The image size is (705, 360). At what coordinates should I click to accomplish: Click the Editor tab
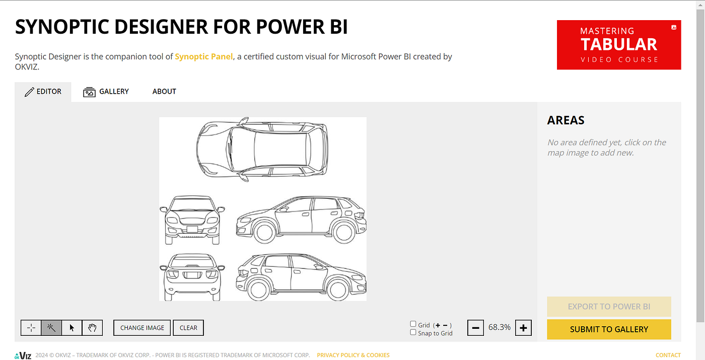pos(43,92)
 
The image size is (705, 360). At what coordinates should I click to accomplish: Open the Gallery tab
pos(106,92)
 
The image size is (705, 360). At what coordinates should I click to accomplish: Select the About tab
pos(164,92)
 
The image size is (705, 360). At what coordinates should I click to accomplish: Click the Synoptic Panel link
pos(203,56)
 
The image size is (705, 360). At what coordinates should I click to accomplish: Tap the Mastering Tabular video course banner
pos(619,45)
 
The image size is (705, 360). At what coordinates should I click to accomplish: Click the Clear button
pos(188,328)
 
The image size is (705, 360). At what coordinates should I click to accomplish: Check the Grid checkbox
pos(413,324)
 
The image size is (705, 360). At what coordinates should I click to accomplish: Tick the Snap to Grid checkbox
pos(413,332)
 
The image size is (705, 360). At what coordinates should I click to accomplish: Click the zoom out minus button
pos(475,328)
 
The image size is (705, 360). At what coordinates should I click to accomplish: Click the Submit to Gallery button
pos(609,329)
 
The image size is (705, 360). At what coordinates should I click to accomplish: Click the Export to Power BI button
pos(609,307)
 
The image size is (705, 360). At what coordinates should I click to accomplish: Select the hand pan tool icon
pos(92,328)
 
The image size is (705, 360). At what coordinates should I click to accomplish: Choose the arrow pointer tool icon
pos(72,328)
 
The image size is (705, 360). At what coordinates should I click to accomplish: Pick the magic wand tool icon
pos(51,328)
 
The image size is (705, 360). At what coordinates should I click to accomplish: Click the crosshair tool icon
pos(31,328)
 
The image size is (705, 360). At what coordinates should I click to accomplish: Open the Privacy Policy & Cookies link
pos(353,355)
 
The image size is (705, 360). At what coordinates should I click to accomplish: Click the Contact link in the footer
pos(668,355)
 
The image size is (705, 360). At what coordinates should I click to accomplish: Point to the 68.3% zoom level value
pos(499,327)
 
